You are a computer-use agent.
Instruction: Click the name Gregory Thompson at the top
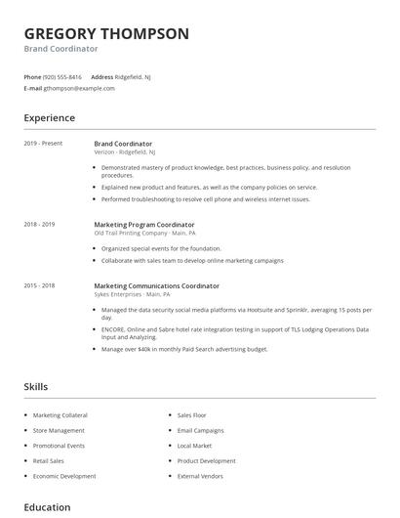(106, 33)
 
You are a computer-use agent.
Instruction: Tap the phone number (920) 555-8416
(63, 76)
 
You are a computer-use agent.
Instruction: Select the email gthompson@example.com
(79, 88)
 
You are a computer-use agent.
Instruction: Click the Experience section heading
(49, 118)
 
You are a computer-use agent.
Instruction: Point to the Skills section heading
(35, 387)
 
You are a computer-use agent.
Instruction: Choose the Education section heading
(47, 507)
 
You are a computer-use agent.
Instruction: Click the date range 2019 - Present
(43, 144)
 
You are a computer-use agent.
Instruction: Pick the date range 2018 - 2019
(39, 224)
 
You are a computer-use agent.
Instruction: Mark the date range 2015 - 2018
(39, 285)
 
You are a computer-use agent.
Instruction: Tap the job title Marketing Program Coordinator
(144, 224)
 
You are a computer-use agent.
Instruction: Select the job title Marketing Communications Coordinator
(156, 285)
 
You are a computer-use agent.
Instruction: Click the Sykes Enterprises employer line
(132, 294)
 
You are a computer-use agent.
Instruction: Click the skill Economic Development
(64, 476)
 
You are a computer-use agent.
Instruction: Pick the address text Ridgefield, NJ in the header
(134, 76)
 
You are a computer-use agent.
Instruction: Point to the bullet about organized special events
(161, 248)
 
